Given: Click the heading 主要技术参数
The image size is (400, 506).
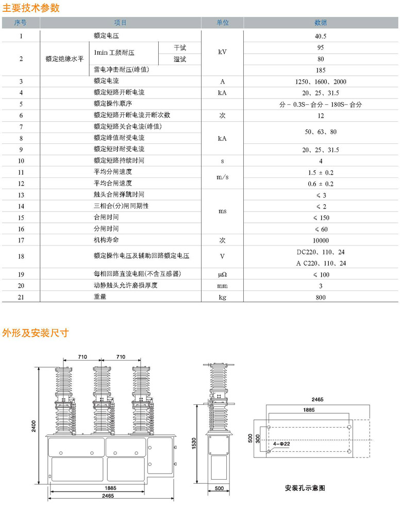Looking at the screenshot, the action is tap(31, 8).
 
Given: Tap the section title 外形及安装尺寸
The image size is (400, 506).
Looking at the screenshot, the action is tap(36, 333).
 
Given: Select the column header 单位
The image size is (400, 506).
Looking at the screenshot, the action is tap(222, 23).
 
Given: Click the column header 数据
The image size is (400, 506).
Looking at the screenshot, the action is tap(321, 23).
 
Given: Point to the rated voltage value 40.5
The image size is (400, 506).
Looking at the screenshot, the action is tap(321, 37).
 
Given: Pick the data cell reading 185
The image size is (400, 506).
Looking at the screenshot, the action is tap(321, 70).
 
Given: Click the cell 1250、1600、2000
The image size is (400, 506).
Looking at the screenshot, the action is tap(321, 81).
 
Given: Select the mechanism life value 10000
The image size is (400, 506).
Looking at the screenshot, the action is tap(321, 240).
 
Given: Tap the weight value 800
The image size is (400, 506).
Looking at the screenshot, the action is tap(321, 298).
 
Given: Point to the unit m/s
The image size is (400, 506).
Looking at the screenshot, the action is tap(222, 177).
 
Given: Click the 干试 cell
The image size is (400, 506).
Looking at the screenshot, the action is tap(180, 48).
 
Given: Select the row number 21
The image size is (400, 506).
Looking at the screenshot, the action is tap(21, 298).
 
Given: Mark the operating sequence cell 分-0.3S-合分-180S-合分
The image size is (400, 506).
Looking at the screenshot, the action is tap(321, 104).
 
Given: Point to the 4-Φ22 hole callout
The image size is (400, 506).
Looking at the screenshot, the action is tap(281, 443).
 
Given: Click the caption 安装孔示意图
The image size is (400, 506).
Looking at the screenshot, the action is tap(305, 487).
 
